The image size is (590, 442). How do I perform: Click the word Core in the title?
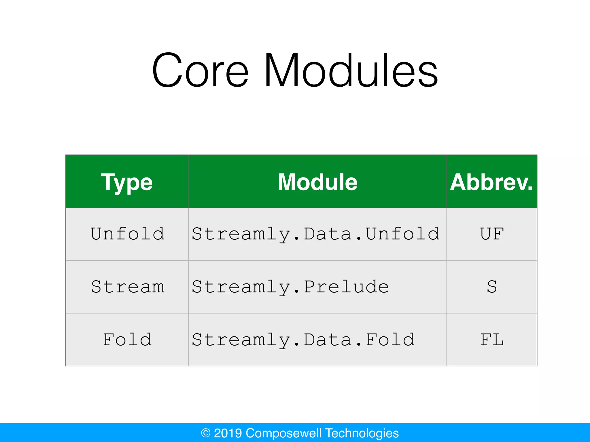pos(200,71)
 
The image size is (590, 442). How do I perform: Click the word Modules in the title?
pos(351,71)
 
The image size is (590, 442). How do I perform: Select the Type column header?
pos(127,182)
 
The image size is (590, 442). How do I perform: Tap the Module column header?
pos(317,182)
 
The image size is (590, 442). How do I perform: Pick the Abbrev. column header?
pos(491,182)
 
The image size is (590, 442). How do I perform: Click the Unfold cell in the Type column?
pos(127,234)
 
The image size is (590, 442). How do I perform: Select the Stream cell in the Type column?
pos(128,287)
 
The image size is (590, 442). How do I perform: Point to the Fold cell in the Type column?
pos(127,340)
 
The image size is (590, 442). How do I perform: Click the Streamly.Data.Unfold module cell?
pos(316,234)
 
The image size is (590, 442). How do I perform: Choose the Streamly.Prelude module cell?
pos(290,287)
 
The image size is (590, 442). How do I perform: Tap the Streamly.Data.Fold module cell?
pos(303,340)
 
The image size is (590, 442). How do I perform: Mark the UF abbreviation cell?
pos(492,234)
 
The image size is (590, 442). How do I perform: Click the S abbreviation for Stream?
pos(492,287)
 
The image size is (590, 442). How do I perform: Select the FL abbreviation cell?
pos(492,340)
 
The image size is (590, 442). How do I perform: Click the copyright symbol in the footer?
pos(206,433)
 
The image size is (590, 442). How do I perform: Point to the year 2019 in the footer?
pos(228,433)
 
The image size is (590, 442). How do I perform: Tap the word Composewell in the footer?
pos(283,433)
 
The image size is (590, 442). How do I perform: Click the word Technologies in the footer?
pos(362,433)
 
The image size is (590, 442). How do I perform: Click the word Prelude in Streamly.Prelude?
pos(346,287)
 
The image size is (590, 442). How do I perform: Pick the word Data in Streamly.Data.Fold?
pos(328,340)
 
